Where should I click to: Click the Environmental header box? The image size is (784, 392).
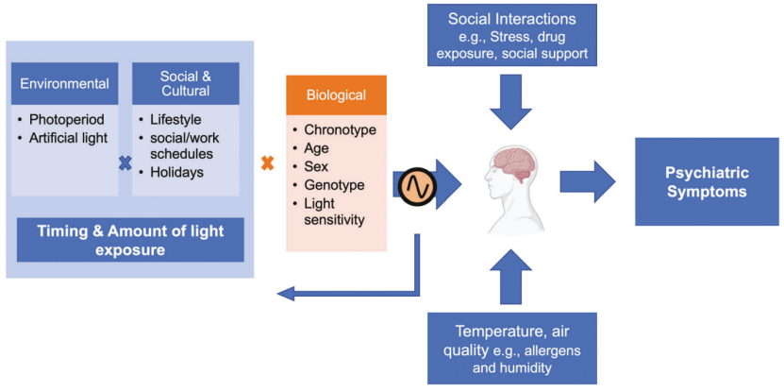(65, 83)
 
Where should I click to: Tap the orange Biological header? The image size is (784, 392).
(336, 95)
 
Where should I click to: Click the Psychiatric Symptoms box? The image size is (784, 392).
(707, 181)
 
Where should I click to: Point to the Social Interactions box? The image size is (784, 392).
(511, 37)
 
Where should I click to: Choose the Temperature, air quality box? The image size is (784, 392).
(510, 349)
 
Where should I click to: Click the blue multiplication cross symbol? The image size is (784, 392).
(125, 163)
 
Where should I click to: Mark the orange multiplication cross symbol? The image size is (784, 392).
(267, 163)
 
